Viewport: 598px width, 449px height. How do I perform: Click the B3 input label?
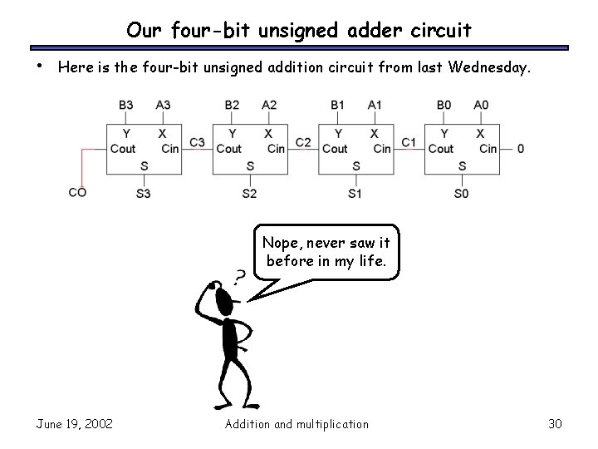(x=126, y=105)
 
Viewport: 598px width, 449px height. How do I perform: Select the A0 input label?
(x=481, y=105)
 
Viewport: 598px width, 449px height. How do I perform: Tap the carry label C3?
(x=197, y=143)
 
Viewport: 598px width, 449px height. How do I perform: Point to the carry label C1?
(x=409, y=143)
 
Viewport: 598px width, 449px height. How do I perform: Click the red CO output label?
(x=77, y=193)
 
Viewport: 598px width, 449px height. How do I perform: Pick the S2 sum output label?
(x=250, y=194)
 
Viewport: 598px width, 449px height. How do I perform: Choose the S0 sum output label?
(x=462, y=194)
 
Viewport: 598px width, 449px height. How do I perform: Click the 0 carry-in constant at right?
(x=520, y=149)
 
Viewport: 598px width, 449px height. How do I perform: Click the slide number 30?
(x=556, y=424)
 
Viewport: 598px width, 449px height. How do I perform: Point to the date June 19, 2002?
(x=75, y=424)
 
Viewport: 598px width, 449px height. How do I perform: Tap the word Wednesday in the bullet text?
(x=487, y=67)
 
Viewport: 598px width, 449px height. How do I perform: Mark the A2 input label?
(x=269, y=105)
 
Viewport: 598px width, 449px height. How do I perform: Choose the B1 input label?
(x=337, y=105)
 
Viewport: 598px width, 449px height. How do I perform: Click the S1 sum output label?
(x=355, y=194)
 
